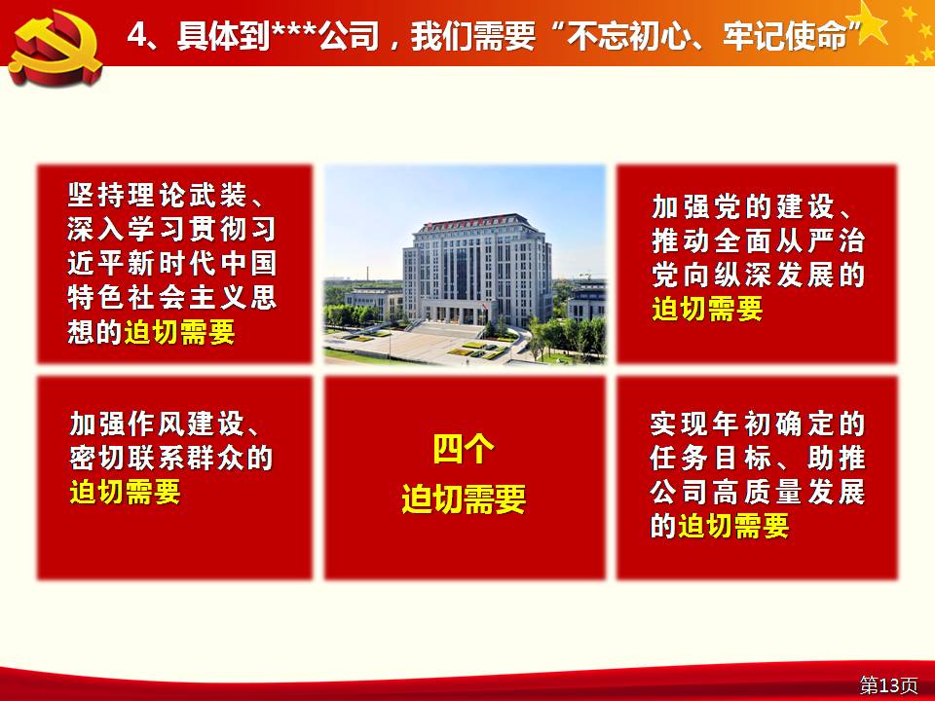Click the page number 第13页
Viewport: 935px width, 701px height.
coord(888,684)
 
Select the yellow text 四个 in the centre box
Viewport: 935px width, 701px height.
coord(464,450)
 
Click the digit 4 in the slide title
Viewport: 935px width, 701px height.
coord(136,35)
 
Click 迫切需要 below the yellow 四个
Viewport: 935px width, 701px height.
coord(464,498)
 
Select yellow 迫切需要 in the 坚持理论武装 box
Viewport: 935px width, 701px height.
coord(180,332)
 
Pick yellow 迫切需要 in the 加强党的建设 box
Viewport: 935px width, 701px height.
coord(707,309)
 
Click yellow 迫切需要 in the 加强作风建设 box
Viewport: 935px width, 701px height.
coord(125,492)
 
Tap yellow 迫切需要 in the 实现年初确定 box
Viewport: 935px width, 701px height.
coord(734,526)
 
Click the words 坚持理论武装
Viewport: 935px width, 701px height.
coord(158,195)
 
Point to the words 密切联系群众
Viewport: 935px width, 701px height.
coord(158,458)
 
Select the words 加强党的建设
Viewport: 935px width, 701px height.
coord(742,206)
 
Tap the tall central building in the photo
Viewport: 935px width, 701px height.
coord(477,269)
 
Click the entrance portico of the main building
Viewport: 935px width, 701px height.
coord(453,312)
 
